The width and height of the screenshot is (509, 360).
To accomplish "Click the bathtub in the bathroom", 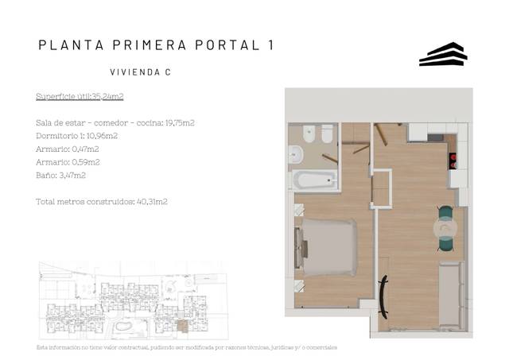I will click(316, 180).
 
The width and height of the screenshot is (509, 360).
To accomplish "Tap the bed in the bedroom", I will click(327, 247).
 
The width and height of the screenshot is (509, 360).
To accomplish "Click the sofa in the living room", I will click(453, 295).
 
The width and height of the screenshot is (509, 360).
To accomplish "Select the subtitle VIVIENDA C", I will click(140, 72).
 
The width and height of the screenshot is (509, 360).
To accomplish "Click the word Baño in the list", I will click(45, 175).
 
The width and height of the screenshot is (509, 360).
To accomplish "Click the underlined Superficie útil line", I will click(80, 97).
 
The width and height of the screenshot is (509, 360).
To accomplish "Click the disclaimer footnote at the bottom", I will click(187, 348).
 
